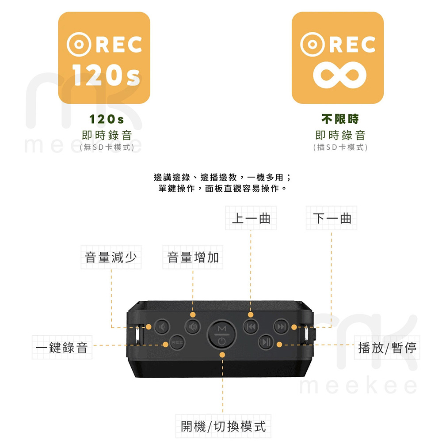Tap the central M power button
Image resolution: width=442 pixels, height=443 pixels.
[222, 334]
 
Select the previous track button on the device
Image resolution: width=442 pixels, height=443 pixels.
[250, 327]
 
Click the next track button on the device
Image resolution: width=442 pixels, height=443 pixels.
[280, 327]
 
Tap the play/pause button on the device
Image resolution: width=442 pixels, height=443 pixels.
[266, 342]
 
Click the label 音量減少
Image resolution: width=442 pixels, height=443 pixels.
[111, 257]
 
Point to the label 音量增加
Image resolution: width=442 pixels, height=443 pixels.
[193, 257]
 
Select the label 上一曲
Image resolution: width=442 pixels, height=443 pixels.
[251, 218]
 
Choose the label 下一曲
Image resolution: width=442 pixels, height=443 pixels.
[332, 218]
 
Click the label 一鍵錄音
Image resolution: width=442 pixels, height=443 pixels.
[62, 348]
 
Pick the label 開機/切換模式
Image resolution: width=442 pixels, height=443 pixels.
[223, 426]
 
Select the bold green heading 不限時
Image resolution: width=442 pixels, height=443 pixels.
[340, 119]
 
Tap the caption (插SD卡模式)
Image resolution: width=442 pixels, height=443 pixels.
[340, 147]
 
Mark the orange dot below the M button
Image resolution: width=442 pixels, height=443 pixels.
[222, 355]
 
